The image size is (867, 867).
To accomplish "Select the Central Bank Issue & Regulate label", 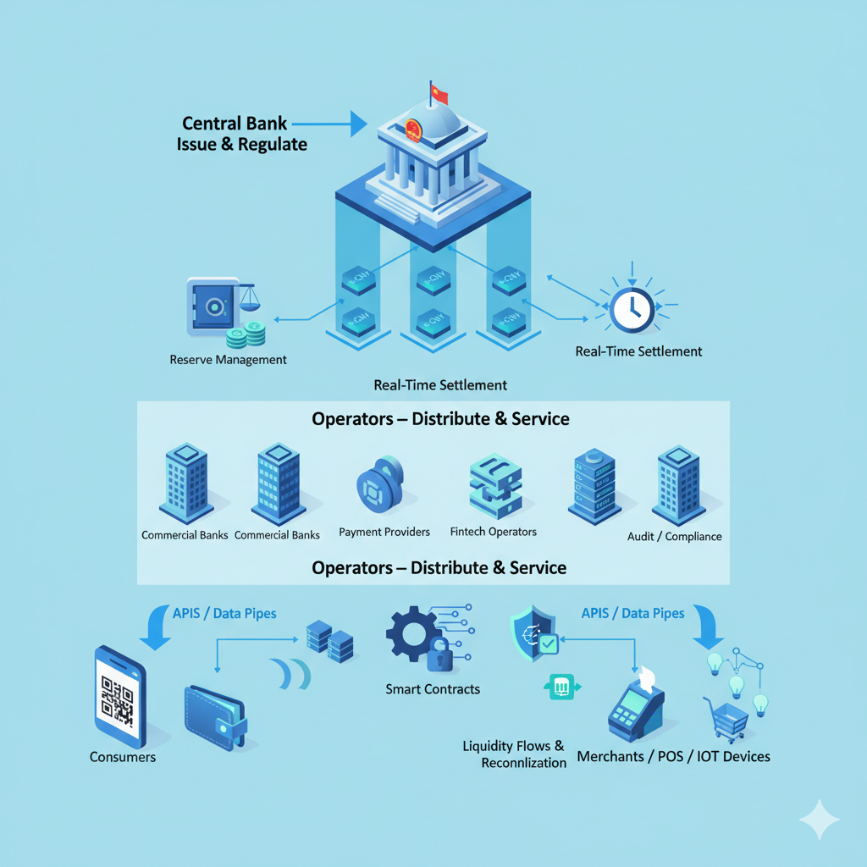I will (x=242, y=133).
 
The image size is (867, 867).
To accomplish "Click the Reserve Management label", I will (x=228, y=360).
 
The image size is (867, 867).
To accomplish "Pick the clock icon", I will (x=631, y=308).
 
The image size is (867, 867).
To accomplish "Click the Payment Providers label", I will (x=384, y=532).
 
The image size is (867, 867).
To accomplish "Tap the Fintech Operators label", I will (x=494, y=532).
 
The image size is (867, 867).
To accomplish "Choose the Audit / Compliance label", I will (x=674, y=536).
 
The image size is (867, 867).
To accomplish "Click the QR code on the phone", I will (x=118, y=699).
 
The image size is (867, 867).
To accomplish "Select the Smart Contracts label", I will (x=433, y=689).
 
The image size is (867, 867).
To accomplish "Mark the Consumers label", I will (x=123, y=757).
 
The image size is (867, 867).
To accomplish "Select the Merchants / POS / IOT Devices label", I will (x=674, y=756).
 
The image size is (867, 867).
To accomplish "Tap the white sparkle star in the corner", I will (x=820, y=819).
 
